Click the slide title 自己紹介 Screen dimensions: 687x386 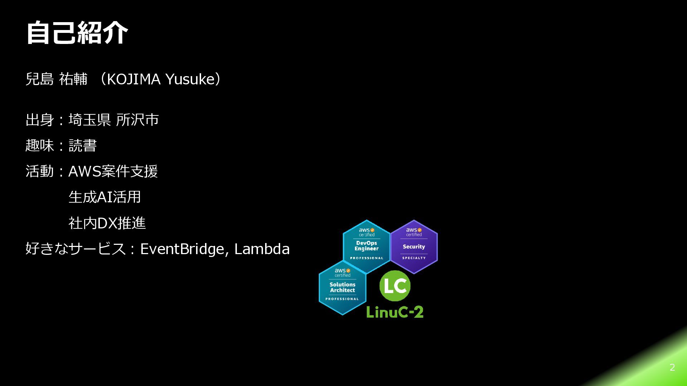[x=77, y=33]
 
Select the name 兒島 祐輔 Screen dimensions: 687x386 [x=57, y=79]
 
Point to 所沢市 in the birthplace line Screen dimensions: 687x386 [x=137, y=120]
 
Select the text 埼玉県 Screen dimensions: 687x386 [x=90, y=120]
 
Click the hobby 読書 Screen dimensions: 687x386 [x=83, y=145]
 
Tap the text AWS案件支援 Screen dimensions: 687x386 [x=113, y=171]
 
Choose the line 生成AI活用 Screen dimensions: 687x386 [x=105, y=197]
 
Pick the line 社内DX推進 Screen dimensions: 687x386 [x=107, y=223]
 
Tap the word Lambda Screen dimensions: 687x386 [x=262, y=249]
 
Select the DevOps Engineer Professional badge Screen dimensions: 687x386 [x=366, y=247]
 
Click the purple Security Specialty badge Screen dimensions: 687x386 [x=414, y=247]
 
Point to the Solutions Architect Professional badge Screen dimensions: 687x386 [x=342, y=288]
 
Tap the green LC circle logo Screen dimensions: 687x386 [x=395, y=286]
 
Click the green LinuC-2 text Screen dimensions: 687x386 [x=395, y=312]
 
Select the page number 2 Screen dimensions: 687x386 [x=672, y=367]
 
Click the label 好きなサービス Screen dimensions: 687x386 [x=75, y=249]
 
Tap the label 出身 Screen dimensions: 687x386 [x=40, y=120]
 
